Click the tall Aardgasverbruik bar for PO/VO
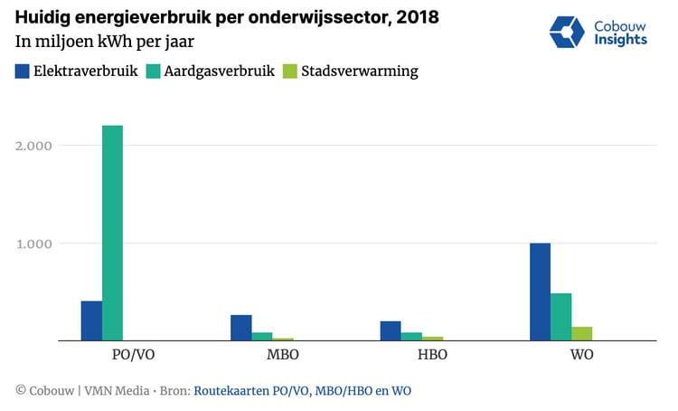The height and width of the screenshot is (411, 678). [x=112, y=233]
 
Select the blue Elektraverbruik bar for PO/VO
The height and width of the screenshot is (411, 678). [x=91, y=320]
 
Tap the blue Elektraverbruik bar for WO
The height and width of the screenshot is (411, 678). [x=540, y=292]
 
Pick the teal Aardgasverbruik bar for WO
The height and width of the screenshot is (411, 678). [x=561, y=317]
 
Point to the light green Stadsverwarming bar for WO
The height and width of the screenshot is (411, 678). [x=582, y=333]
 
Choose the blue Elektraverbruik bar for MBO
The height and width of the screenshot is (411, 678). [x=241, y=328]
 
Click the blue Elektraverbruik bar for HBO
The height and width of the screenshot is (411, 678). [x=391, y=330]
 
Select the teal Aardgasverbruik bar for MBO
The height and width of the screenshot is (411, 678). [x=262, y=336]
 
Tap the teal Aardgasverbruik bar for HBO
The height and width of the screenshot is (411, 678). [x=411, y=336]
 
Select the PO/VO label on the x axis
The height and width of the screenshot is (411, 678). [x=112, y=354]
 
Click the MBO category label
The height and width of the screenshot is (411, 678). [x=262, y=354]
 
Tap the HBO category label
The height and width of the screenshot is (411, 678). [x=411, y=354]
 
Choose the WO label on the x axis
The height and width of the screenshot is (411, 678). [x=561, y=354]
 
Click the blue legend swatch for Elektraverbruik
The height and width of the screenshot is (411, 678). [x=24, y=71]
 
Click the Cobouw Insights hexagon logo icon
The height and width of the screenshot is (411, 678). [x=568, y=32]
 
